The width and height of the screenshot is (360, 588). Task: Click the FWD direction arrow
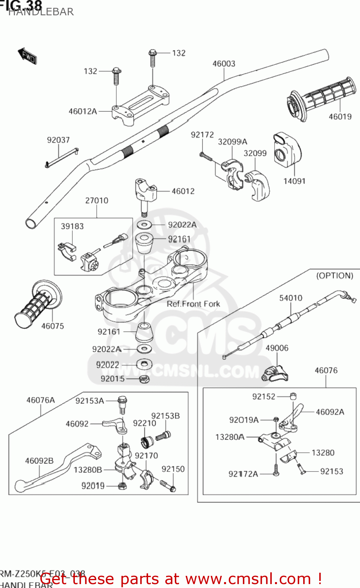tap(27, 56)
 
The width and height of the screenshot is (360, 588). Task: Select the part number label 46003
tap(224, 64)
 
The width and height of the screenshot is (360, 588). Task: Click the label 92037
tap(58, 140)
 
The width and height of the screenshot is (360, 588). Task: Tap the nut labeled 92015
tap(144, 379)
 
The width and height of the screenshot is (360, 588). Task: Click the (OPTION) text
tap(335, 276)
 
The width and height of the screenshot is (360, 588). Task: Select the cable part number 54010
tap(291, 298)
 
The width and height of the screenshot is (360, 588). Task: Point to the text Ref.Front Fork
tap(193, 304)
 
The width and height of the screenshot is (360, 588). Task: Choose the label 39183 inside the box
tap(72, 226)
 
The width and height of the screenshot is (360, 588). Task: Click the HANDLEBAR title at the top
tap(41, 12)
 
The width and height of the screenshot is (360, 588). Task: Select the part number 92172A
tap(243, 474)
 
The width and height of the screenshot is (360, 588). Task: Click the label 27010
tap(96, 200)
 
